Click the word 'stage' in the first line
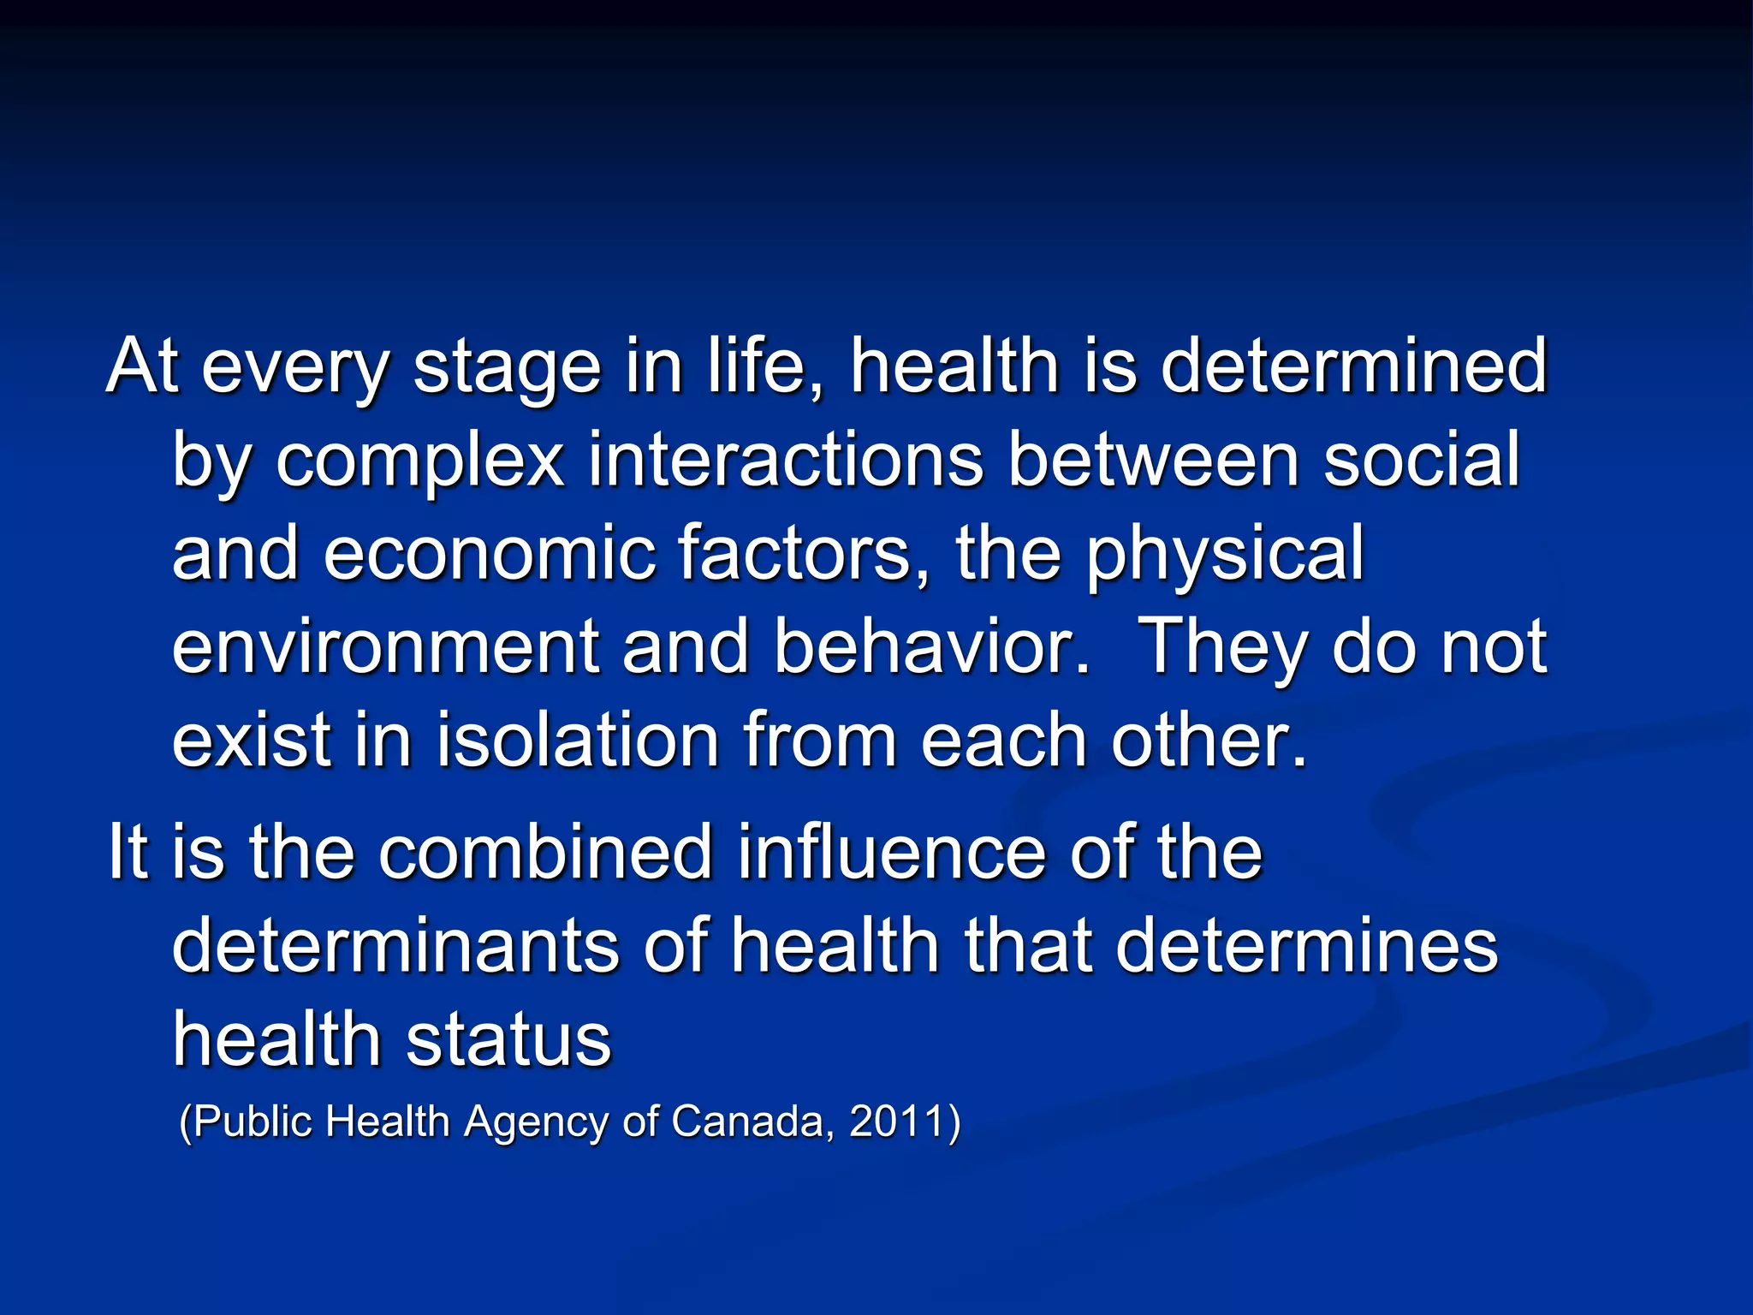[x=507, y=368]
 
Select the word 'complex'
[x=419, y=462]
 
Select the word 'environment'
[x=386, y=647]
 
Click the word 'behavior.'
[x=932, y=647]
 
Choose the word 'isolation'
[x=579, y=741]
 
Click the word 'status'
[x=508, y=1040]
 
